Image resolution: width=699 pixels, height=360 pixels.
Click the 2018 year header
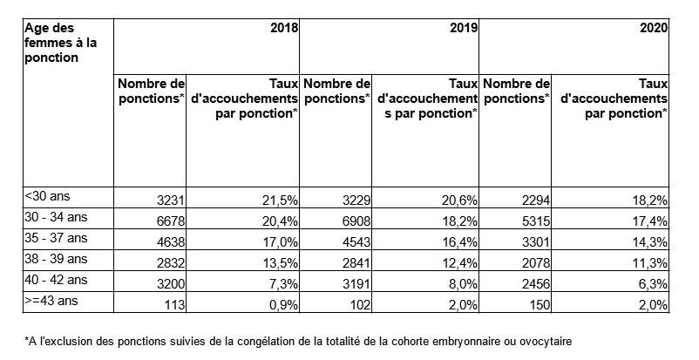pyautogui.click(x=284, y=28)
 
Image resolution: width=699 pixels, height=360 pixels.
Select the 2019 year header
pyautogui.click(x=464, y=28)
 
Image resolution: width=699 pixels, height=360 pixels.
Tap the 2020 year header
pyautogui.click(x=654, y=28)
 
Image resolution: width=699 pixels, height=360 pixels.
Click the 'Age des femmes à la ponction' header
pyautogui.click(x=61, y=43)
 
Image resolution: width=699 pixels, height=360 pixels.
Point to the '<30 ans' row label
pyautogui.click(x=47, y=196)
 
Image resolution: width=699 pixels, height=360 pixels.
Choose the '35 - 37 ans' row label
pyautogui.click(x=56, y=238)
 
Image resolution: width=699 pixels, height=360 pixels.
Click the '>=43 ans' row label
pyautogui.click(x=51, y=301)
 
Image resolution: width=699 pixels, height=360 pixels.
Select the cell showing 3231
pyautogui.click(x=170, y=200)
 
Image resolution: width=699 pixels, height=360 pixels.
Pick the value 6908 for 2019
pyautogui.click(x=356, y=221)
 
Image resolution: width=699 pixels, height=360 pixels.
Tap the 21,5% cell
pyautogui.click(x=280, y=200)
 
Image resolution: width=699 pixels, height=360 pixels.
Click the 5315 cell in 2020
pyautogui.click(x=536, y=221)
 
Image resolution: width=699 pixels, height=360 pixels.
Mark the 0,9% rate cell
pyautogui.click(x=282, y=305)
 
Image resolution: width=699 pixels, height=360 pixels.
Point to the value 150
pyautogui.click(x=540, y=305)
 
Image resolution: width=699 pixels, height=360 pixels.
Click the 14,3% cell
pyautogui.click(x=650, y=242)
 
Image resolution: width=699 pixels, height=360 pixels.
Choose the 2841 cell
pyautogui.click(x=356, y=263)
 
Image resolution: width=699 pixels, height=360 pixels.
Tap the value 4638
pyautogui.click(x=170, y=242)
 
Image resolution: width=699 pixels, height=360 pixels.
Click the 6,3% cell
pyautogui.click(x=653, y=284)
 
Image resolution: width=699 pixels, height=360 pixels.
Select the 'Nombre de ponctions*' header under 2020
pyautogui.click(x=516, y=92)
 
